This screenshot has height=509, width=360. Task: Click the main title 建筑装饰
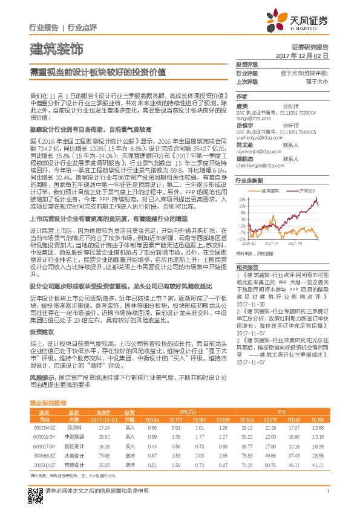tap(56, 48)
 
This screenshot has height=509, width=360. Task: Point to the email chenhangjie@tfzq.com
tap(260, 164)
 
